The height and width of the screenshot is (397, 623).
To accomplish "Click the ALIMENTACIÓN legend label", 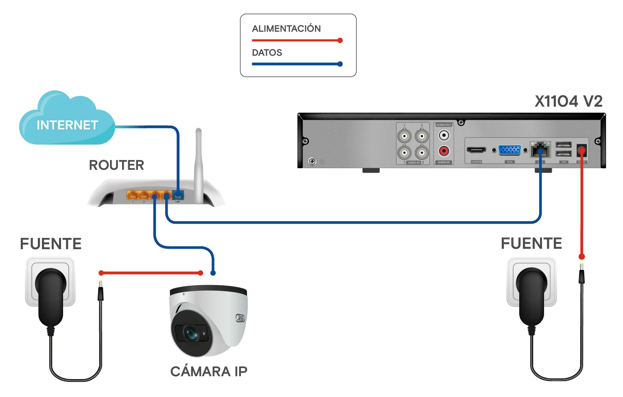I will (286, 29).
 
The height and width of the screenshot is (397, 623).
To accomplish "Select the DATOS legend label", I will (267, 53).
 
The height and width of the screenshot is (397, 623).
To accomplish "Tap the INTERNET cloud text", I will (68, 125).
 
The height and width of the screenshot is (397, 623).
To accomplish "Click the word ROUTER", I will (116, 165).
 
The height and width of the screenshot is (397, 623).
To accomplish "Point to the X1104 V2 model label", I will (568, 101).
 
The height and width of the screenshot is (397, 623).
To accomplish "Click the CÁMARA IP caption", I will (209, 371).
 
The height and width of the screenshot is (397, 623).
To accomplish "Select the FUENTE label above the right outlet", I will (531, 243).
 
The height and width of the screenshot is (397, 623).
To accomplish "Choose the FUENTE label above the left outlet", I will (51, 244).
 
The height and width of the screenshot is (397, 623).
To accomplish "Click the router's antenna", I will (199, 163).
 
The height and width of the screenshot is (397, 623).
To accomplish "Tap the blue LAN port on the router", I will (178, 195).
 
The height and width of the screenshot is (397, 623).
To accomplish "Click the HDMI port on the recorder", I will (476, 150).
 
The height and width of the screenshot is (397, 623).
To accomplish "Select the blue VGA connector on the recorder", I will (509, 150).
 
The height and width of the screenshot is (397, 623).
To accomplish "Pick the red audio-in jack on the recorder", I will (444, 151).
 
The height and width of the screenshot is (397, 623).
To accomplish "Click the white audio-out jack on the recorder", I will (444, 135).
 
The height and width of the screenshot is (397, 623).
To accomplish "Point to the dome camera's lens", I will (190, 333).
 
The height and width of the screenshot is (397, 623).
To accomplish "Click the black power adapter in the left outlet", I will (51, 295).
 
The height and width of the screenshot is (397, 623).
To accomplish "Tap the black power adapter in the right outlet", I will (531, 295).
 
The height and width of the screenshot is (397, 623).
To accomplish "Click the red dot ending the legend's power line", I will (340, 40).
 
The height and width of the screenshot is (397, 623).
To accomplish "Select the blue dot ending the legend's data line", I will (340, 64).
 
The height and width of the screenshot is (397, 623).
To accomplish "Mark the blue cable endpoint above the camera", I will (213, 273).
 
